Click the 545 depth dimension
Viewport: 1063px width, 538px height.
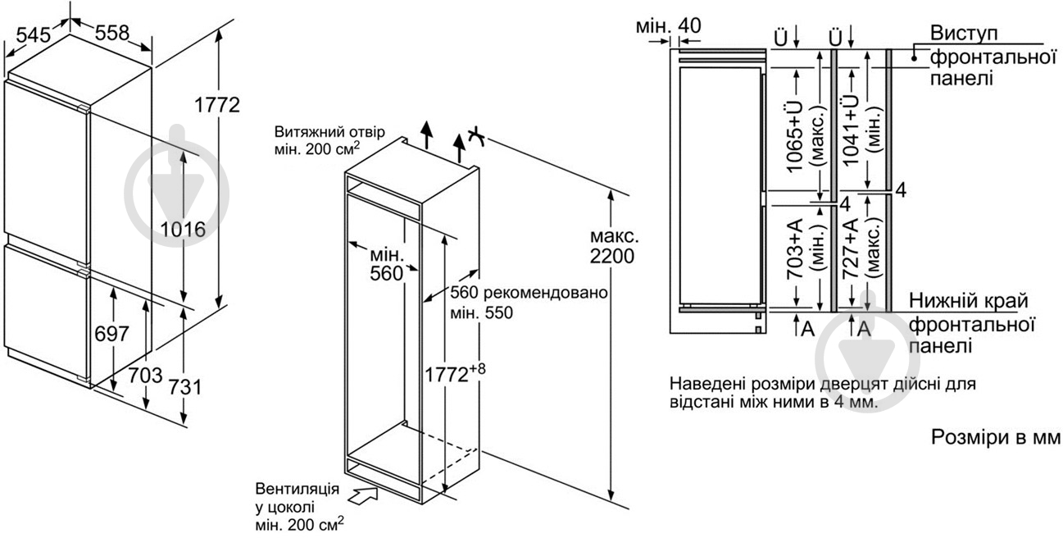tap(34, 35)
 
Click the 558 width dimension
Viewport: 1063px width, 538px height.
tap(112, 33)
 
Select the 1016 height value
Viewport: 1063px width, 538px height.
tap(183, 230)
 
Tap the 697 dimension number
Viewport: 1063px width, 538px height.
tap(112, 334)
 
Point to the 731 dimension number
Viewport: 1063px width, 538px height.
tap(185, 387)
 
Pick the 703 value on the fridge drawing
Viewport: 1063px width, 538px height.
tap(145, 376)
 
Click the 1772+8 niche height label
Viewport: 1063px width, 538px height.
tap(455, 373)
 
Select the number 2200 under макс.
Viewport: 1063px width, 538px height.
tap(612, 257)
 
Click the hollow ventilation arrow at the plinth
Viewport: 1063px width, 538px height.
tap(363, 495)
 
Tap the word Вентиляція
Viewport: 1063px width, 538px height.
tap(297, 489)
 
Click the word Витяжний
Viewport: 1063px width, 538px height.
tap(302, 131)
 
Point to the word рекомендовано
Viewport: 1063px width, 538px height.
tap(545, 293)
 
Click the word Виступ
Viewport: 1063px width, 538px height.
tap(964, 33)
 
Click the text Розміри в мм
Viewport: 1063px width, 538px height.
tap(996, 437)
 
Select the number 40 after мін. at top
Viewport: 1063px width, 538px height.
tap(689, 25)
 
